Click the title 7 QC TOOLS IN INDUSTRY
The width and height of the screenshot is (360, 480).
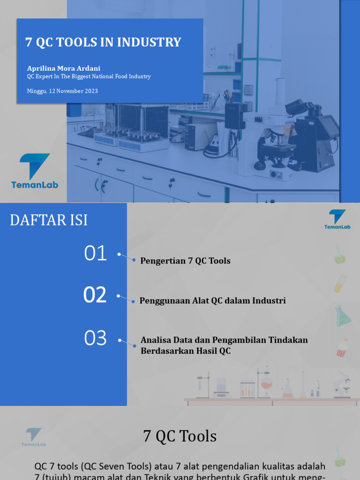coord(103,42)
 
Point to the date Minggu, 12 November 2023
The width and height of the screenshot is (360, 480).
coord(62,91)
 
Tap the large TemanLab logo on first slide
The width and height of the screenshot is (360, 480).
coord(35,171)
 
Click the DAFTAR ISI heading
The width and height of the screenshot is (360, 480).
coord(49,220)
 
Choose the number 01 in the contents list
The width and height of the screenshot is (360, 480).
coord(96,254)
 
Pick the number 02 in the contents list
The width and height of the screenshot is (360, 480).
coord(95,295)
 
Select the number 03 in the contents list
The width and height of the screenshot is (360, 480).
coord(96,338)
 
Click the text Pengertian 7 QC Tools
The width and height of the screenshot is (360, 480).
coord(185,261)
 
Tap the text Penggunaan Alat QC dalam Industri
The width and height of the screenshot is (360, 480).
coord(212,300)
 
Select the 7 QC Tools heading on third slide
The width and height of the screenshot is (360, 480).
coord(180,436)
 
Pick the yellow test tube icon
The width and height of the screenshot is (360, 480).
coord(340,284)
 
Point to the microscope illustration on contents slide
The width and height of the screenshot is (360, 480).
coord(342,384)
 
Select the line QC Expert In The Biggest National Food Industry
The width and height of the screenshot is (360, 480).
coord(89,76)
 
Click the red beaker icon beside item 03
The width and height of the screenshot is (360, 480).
coord(342,348)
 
